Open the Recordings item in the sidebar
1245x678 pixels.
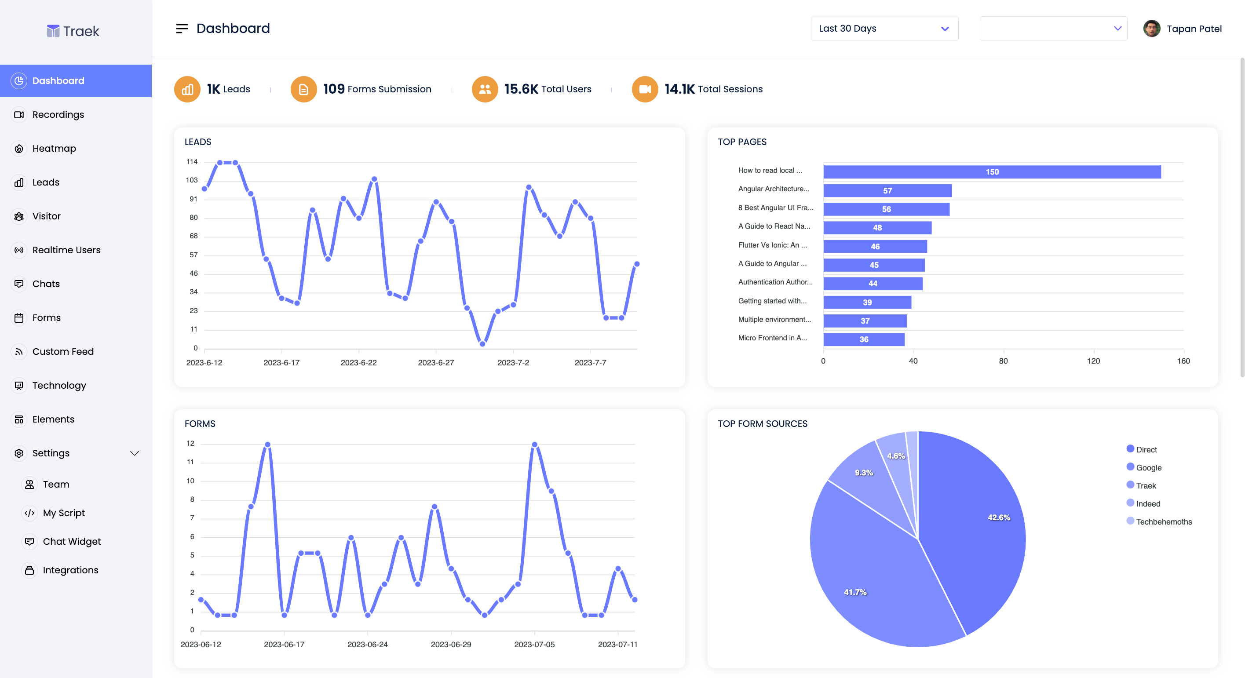58,114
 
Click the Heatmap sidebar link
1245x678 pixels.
54,148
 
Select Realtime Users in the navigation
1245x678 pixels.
66,250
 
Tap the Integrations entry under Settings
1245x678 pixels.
70,570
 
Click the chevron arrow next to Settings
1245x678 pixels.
135,453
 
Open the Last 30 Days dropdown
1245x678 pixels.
884,29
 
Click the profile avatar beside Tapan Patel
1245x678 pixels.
1151,29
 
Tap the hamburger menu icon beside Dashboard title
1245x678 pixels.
182,29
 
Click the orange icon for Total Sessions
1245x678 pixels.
644,89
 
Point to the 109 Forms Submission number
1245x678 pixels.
333,89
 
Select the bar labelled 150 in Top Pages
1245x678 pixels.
992,172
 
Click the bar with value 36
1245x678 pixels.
864,339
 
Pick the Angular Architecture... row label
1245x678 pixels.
773,189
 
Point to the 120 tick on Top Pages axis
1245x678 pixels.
1093,361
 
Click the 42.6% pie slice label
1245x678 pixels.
999,518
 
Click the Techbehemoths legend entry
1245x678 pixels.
1163,522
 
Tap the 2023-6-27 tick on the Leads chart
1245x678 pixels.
435,363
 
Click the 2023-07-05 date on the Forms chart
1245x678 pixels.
534,645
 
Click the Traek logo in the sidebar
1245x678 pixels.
73,31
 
